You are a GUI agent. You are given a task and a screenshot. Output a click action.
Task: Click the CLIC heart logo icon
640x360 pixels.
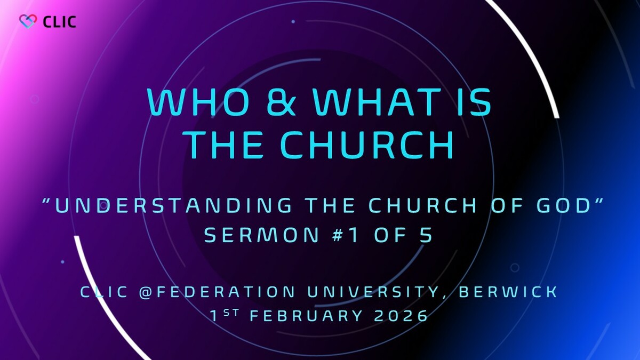click(27, 21)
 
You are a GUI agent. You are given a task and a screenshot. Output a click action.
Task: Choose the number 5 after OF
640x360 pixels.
click(425, 235)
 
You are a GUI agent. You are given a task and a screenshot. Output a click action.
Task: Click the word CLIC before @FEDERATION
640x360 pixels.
click(105, 292)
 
